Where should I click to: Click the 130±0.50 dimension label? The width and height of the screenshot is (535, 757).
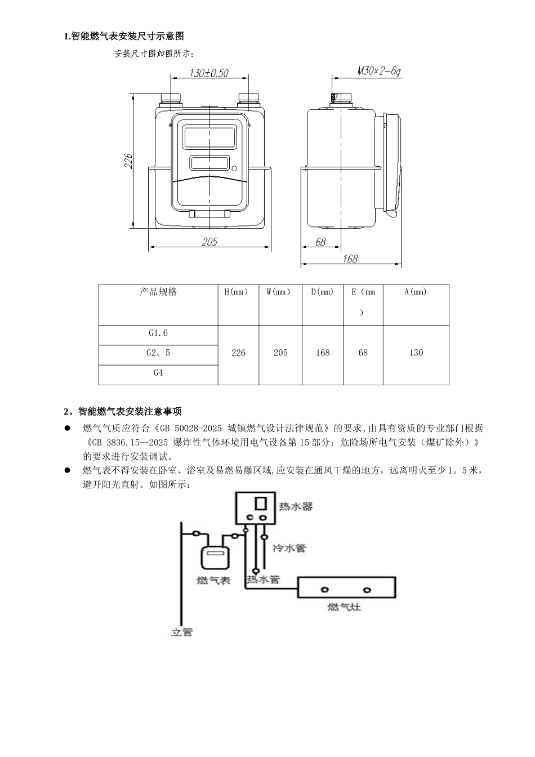(x=209, y=73)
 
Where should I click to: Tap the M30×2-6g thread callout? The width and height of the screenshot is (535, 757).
(x=378, y=71)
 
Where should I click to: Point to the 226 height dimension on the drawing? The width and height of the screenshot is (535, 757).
(x=128, y=161)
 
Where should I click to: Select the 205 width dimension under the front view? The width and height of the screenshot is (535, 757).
(x=209, y=242)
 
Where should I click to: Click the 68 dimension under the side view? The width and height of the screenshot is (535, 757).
(x=320, y=242)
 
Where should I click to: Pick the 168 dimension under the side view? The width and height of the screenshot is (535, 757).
(x=350, y=259)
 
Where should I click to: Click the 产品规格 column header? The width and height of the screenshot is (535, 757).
(x=158, y=292)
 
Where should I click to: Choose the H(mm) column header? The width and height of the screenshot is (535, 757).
(x=238, y=292)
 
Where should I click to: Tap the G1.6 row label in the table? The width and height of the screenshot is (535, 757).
(x=158, y=333)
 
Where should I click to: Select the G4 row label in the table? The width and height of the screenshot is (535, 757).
(x=158, y=373)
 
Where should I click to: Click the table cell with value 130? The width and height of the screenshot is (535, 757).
(x=416, y=353)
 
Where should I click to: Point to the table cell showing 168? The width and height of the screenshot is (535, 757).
(x=323, y=353)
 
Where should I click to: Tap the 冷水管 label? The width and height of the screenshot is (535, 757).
(x=289, y=547)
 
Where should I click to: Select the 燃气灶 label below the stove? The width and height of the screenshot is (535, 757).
(x=344, y=607)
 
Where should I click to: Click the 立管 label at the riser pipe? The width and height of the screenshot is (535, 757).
(x=182, y=632)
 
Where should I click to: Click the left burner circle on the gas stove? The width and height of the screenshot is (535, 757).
(x=324, y=589)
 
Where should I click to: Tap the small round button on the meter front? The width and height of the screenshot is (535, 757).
(x=234, y=168)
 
